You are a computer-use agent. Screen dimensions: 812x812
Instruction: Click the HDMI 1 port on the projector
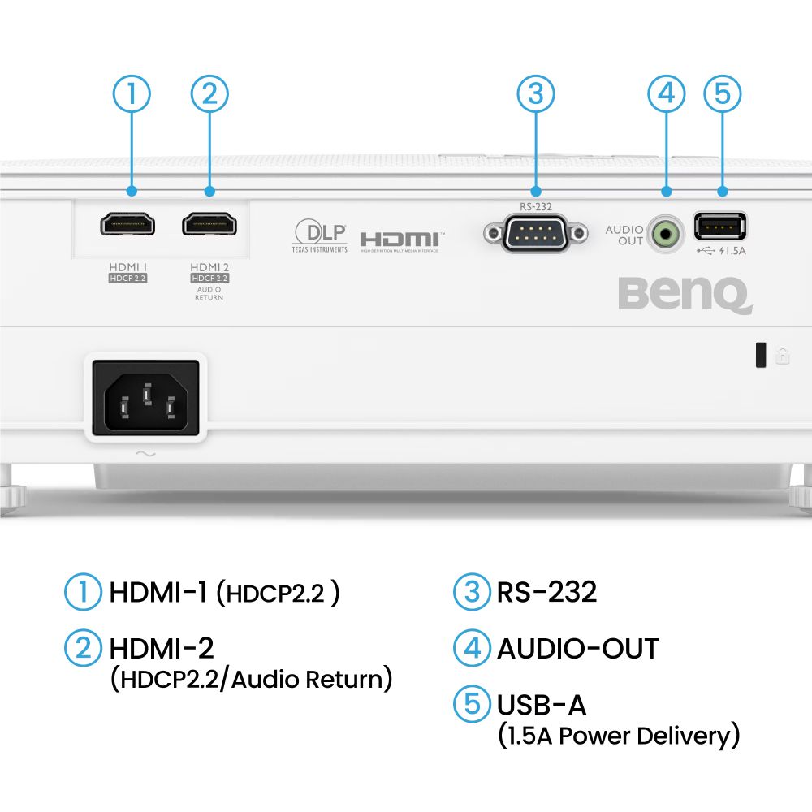coord(127,223)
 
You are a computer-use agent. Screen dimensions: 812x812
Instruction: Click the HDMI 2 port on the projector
coord(209,223)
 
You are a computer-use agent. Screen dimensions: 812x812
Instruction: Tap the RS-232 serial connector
coord(535,234)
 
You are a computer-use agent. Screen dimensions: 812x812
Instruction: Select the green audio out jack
coord(667,235)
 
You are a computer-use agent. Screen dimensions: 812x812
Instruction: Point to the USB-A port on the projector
coord(720,226)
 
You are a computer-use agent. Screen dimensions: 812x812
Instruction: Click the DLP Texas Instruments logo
coord(319,235)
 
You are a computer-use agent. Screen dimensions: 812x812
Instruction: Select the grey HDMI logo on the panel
coord(400,240)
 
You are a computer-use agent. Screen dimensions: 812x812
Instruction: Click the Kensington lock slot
coord(761,355)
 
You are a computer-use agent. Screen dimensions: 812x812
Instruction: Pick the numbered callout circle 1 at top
coord(132,94)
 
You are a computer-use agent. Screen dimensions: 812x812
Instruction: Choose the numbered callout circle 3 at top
coord(536,94)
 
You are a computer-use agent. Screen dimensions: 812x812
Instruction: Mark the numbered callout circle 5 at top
coord(722,94)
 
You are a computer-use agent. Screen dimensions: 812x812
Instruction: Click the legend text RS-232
coord(546,591)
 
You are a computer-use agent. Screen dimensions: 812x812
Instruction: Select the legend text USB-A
coord(542,704)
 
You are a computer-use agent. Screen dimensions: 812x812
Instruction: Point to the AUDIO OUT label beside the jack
coord(624,235)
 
